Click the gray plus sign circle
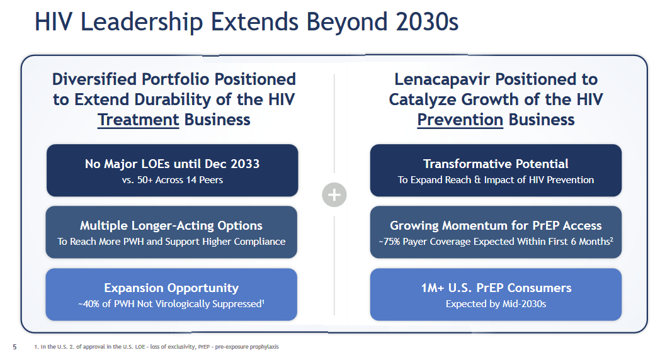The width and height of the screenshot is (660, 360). (334, 195)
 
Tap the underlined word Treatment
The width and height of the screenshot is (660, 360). (138, 120)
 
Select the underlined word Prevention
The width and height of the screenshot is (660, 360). (460, 120)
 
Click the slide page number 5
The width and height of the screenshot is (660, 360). (15, 346)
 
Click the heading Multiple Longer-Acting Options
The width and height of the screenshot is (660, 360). (171, 225)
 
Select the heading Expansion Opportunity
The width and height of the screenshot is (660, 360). (171, 288)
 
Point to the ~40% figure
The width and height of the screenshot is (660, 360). (89, 304)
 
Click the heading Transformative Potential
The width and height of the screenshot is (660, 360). (496, 164)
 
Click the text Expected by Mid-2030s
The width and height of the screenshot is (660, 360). (496, 304)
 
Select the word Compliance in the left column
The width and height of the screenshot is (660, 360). (259, 242)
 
